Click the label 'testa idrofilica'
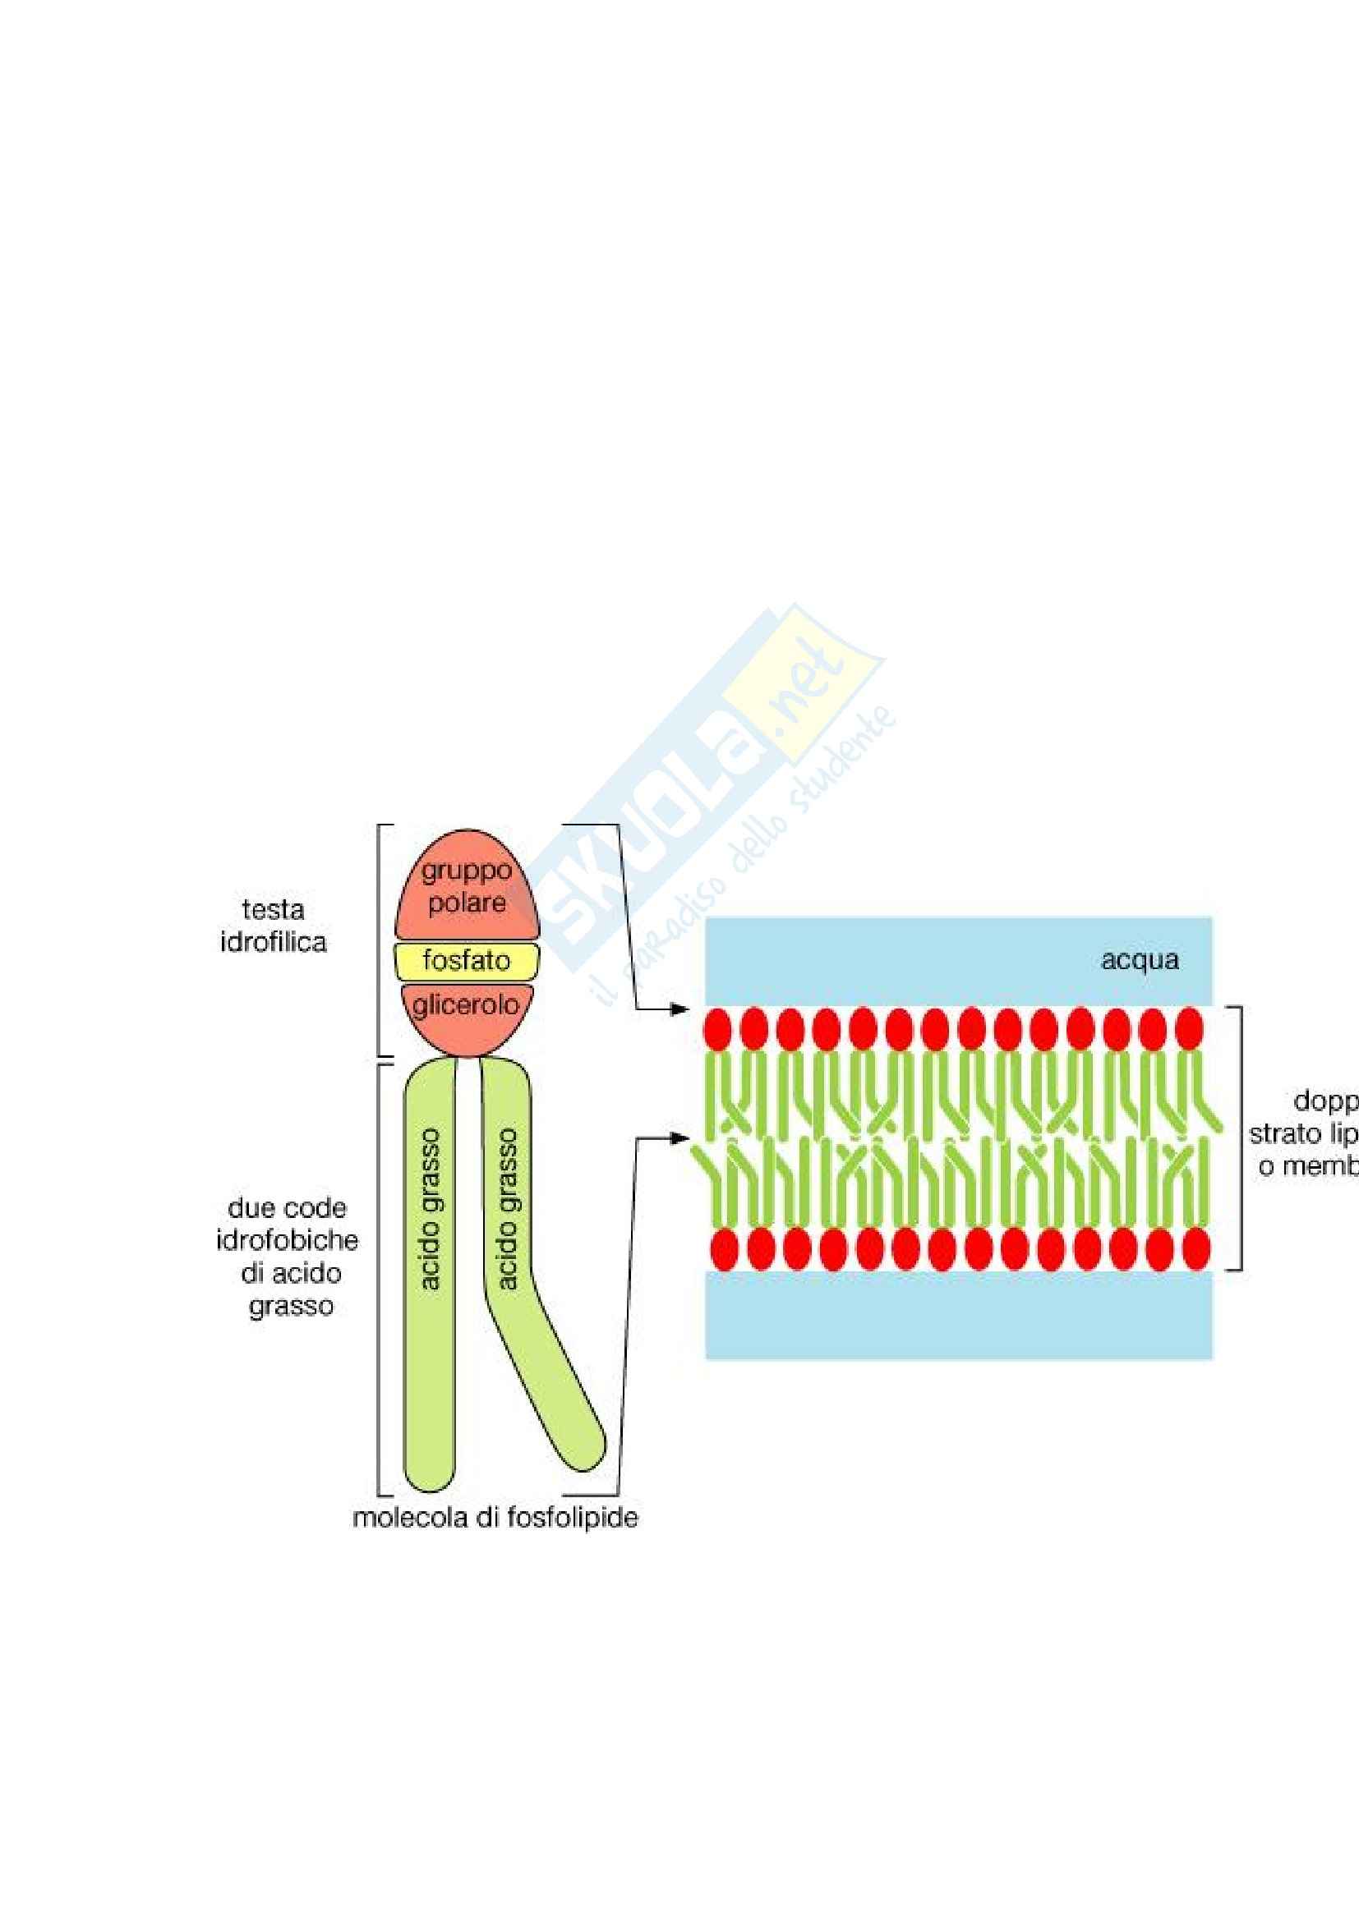[273, 926]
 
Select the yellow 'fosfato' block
[466, 961]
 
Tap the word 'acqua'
[1139, 959]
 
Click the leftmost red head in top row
[718, 1028]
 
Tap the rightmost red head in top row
[1189, 1028]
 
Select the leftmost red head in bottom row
[724, 1249]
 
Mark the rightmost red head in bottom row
[1195, 1249]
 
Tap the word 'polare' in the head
[466, 903]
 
